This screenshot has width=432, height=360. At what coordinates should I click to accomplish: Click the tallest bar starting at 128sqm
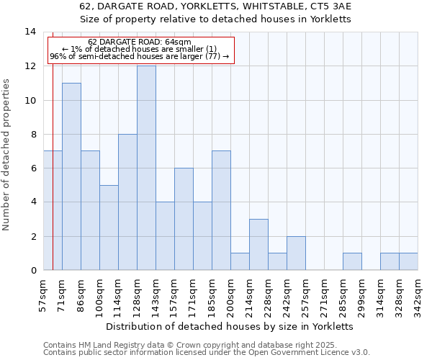coord(146,168)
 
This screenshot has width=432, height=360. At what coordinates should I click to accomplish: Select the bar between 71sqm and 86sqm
coord(71,177)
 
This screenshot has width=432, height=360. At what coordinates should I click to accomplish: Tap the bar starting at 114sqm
coord(127,202)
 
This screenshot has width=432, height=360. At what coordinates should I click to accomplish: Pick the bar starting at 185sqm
coord(221,211)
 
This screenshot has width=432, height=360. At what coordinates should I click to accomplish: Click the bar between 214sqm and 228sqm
coord(258,245)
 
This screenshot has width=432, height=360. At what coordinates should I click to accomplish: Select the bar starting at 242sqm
coord(296,253)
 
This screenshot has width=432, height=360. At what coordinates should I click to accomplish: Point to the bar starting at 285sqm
coord(352,262)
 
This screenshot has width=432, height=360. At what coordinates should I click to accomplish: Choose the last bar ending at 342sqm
coord(408,262)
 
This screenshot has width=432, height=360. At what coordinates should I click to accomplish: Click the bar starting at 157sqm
coord(184,220)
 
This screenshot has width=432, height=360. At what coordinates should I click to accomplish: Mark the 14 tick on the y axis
coord(30,32)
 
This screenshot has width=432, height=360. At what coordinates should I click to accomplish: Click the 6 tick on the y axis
coord(32,168)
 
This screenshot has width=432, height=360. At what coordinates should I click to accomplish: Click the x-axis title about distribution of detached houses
coord(230,325)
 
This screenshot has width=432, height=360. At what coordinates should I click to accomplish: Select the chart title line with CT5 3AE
coord(215,6)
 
